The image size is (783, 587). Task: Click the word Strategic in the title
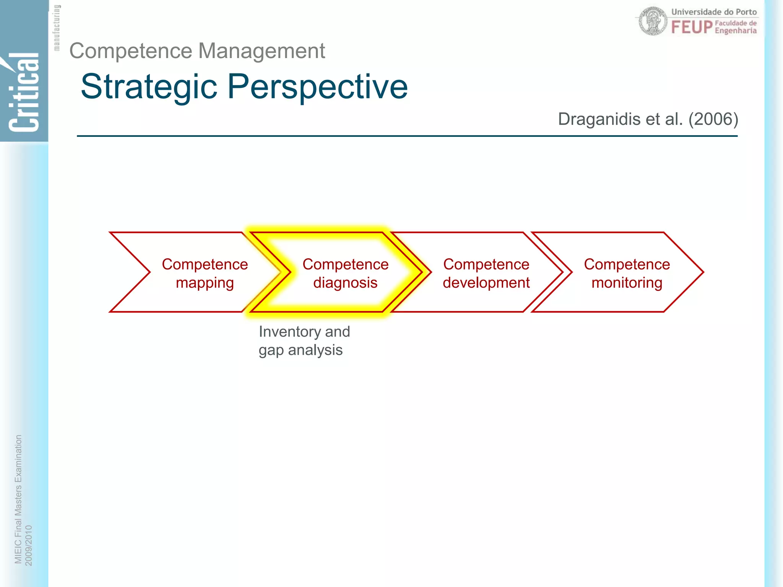pyautogui.click(x=149, y=87)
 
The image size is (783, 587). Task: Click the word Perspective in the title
pyautogui.click(x=317, y=87)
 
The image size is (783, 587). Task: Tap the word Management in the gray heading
pyautogui.click(x=262, y=51)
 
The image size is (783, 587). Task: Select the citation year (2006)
pyautogui.click(x=713, y=119)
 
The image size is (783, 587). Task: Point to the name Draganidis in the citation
pyautogui.click(x=599, y=119)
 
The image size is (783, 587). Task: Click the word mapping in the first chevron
pyautogui.click(x=205, y=283)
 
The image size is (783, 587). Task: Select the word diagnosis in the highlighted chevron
pyautogui.click(x=345, y=283)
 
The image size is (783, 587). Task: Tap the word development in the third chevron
pyautogui.click(x=486, y=283)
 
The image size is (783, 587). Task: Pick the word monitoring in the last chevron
pyautogui.click(x=627, y=283)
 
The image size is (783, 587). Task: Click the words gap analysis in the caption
pyautogui.click(x=301, y=350)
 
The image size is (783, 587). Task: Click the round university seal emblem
pyautogui.click(x=653, y=21)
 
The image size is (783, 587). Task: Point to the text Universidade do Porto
pyautogui.click(x=714, y=12)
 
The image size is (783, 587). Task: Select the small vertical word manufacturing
pyautogui.click(x=57, y=28)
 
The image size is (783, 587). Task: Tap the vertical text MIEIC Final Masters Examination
pyautogui.click(x=18, y=499)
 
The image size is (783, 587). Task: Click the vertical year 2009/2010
pyautogui.click(x=29, y=545)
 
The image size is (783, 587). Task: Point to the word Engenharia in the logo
pyautogui.click(x=736, y=31)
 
